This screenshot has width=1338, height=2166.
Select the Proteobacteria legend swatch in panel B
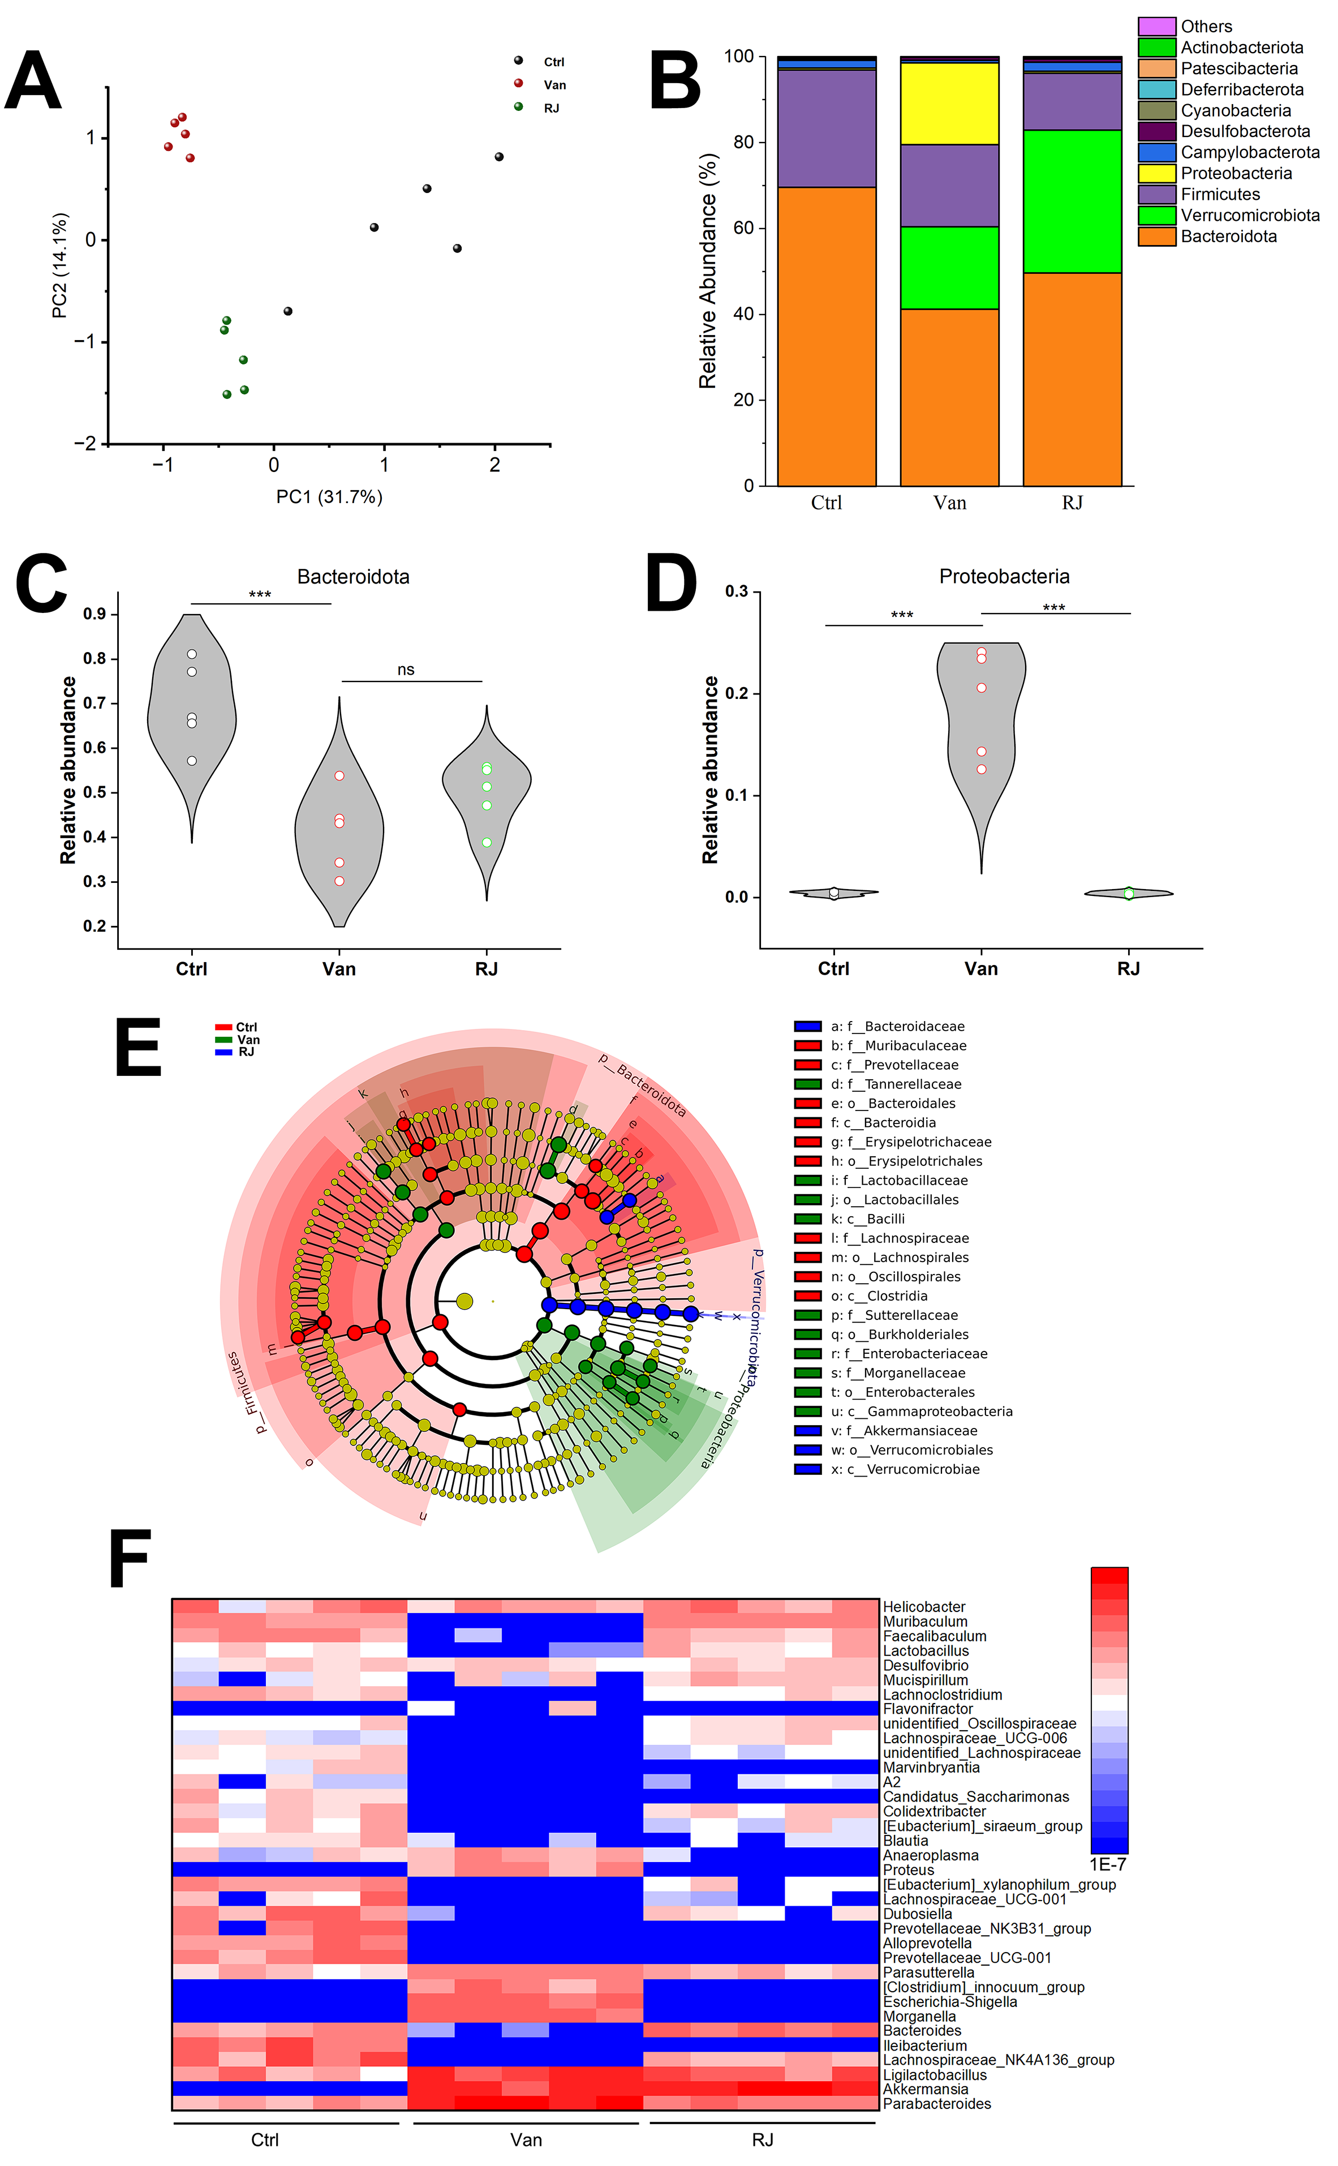pyautogui.click(x=1156, y=174)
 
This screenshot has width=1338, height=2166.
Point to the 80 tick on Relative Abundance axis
pyautogui.click(x=742, y=143)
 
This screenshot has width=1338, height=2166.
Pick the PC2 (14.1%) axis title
pyautogui.click(x=59, y=265)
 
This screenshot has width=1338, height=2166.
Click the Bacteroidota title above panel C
pyautogui.click(x=353, y=577)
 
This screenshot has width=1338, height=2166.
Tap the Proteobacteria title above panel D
pyautogui.click(x=1004, y=577)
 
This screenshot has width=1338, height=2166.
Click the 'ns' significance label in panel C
pyautogui.click(x=405, y=670)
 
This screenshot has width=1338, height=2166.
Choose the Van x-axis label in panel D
pyautogui.click(x=980, y=968)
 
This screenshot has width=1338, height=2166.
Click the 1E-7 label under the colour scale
pyautogui.click(x=1107, y=1864)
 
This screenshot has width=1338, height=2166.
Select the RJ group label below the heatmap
pyautogui.click(x=762, y=2141)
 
